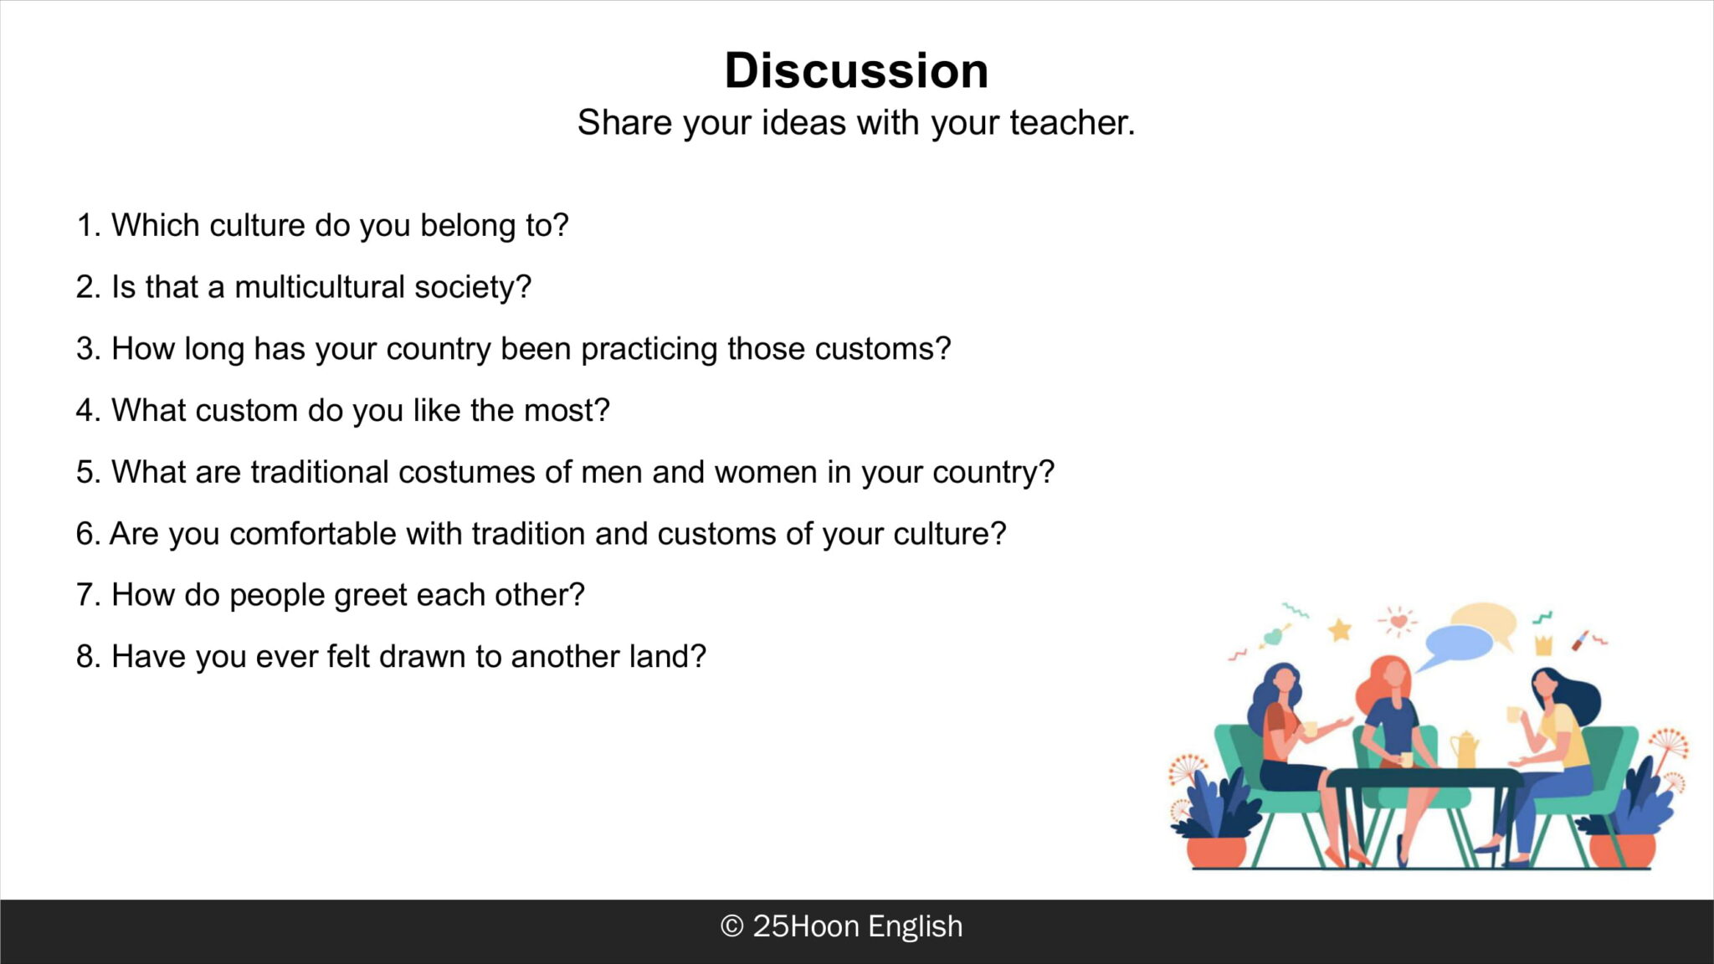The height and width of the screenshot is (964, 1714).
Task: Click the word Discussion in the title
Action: click(856, 70)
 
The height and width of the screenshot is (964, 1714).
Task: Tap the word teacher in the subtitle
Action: click(1072, 123)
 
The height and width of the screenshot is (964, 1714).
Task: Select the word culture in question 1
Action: click(257, 225)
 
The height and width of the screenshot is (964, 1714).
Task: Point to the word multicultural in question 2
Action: click(320, 287)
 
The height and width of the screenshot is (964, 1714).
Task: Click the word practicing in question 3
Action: click(649, 350)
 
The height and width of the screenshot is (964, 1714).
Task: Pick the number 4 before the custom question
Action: click(88, 411)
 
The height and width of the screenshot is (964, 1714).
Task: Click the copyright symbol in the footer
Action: click(731, 926)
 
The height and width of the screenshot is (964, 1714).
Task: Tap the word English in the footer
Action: click(915, 927)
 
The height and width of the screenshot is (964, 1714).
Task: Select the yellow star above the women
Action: click(1340, 629)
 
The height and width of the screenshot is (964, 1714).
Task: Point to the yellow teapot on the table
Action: click(1465, 749)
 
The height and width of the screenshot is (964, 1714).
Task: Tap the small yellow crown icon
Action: click(1543, 644)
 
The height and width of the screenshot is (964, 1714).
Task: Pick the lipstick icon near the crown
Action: click(1579, 640)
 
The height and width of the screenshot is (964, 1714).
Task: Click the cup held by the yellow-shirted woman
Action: click(1514, 714)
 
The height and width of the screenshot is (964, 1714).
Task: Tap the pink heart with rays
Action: click(1398, 622)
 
